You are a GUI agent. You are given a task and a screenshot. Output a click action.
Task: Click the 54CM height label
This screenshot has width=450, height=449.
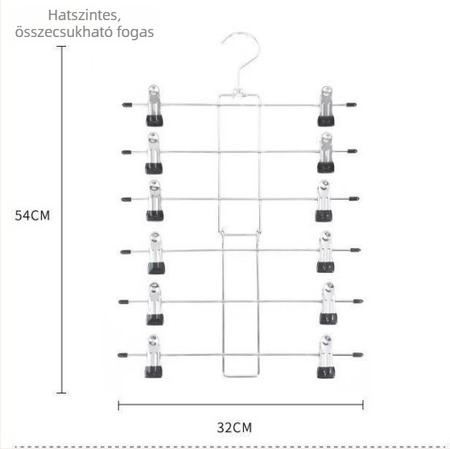coord(32,216)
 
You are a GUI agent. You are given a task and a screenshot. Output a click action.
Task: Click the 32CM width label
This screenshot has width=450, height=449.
coord(234,427)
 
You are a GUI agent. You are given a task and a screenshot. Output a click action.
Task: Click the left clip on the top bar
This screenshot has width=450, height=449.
coord(155,105)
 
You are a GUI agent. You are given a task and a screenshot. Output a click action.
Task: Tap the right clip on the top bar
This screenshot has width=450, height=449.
coord(326,106)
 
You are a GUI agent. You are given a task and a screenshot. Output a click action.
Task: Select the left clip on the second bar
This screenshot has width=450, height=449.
coord(154,153)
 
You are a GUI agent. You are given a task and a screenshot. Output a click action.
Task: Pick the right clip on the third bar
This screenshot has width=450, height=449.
coord(324,201)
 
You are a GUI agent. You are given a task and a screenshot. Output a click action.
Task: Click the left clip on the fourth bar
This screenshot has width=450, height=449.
coord(156,253)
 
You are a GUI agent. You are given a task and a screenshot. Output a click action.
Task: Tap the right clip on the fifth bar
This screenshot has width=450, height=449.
coord(328,303)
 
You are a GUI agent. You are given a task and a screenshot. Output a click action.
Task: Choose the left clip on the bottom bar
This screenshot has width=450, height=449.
coord(153,356)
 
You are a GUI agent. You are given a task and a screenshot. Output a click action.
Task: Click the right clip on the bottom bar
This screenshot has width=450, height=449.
coord(325,356)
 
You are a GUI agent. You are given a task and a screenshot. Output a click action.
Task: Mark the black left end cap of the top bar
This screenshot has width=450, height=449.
coord(127,105)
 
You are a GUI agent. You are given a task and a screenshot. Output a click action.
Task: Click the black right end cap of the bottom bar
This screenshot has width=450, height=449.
coord(358,355)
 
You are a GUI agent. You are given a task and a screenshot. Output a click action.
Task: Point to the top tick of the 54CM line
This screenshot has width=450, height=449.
coord(61,46)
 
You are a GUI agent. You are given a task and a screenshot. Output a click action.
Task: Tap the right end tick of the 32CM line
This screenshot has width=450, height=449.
coord(363,405)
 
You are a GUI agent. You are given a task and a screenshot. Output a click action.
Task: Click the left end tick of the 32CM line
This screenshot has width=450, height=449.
coord(118,406)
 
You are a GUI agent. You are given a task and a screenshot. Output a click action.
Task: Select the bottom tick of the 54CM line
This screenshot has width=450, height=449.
coord(61,393)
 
